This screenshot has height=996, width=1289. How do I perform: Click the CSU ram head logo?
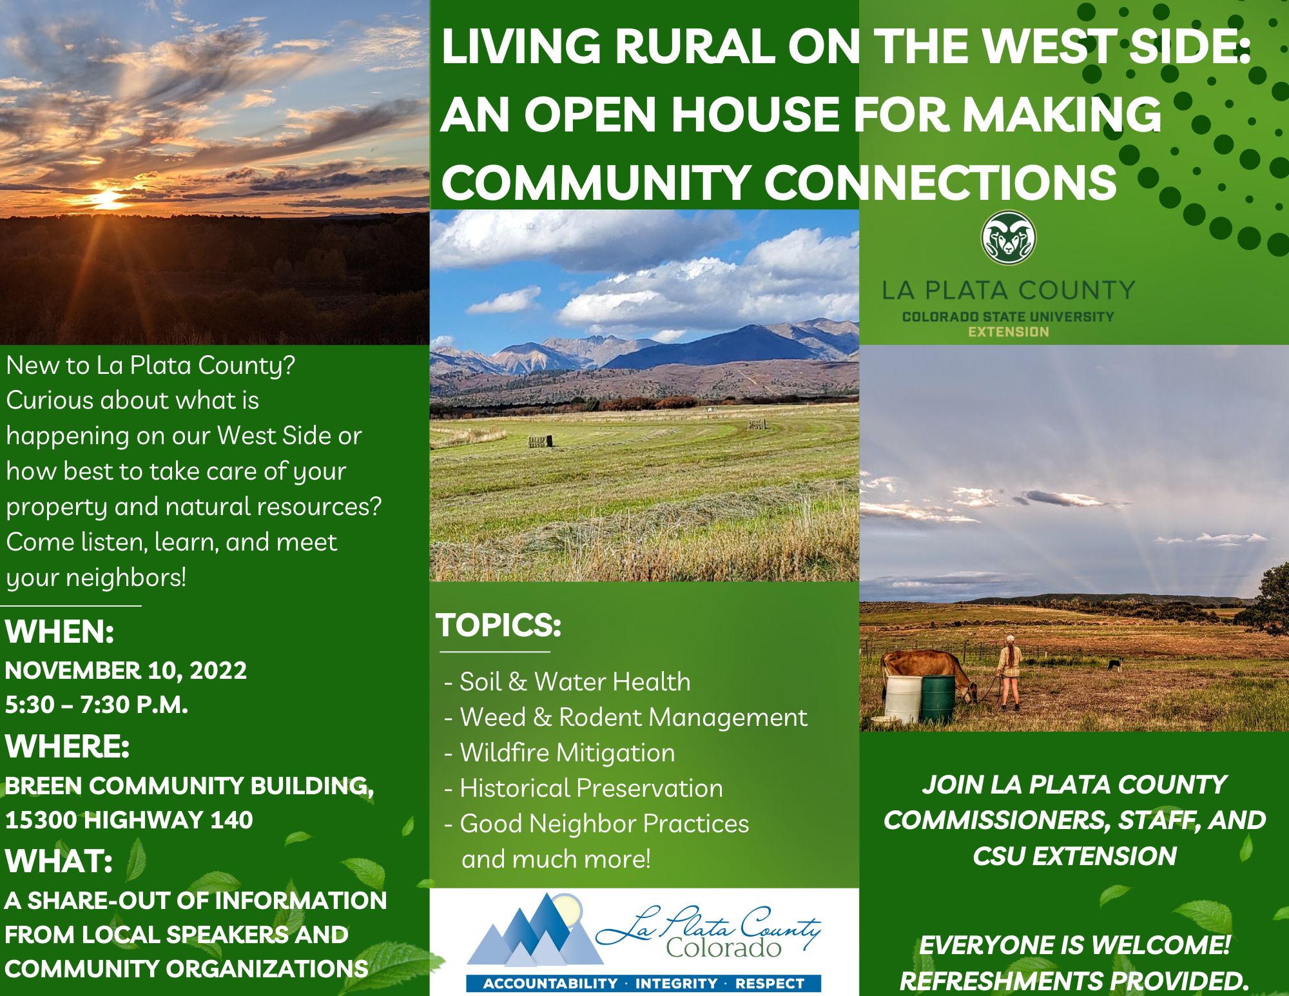[x=1009, y=238]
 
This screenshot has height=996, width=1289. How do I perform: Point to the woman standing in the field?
[x=1010, y=672]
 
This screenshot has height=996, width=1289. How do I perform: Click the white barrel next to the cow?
[x=904, y=699]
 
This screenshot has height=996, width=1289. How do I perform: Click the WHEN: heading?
[x=60, y=632]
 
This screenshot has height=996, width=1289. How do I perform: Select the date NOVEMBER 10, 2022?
[x=126, y=670]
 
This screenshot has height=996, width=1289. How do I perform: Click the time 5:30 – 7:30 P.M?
[x=97, y=705]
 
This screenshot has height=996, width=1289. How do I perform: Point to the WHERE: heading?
[x=68, y=747]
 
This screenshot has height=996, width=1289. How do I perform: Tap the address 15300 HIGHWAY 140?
[x=129, y=820]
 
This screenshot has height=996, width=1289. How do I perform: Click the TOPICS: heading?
[x=499, y=625]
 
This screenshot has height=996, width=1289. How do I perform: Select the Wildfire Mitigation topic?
[x=567, y=753]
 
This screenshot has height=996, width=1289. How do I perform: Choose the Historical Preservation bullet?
[x=591, y=788]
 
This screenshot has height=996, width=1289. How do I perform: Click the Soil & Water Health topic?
[x=575, y=682]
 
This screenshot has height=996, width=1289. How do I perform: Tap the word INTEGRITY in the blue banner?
[x=677, y=984]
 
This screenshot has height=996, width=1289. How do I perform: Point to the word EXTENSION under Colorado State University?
[x=1009, y=332]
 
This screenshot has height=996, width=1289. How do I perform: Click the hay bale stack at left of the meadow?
[x=541, y=442]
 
